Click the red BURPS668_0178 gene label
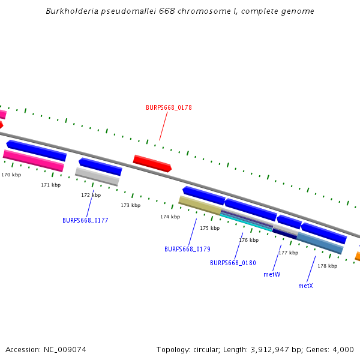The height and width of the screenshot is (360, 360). (169, 108)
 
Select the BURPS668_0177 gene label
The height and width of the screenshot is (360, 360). (85, 220)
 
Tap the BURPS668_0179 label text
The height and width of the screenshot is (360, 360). (187, 249)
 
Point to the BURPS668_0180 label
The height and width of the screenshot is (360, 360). (233, 263)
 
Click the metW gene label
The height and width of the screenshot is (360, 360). (272, 274)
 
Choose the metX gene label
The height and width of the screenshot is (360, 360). (305, 286)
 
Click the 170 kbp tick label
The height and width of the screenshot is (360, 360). (11, 175)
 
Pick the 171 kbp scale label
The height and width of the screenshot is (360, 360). (50, 185)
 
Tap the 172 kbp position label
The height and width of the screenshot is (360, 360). (91, 195)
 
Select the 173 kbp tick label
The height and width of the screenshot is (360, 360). (130, 205)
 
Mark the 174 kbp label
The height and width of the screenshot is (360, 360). (170, 217)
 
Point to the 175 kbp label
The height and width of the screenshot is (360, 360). (209, 228)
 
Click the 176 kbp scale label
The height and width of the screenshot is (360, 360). (248, 240)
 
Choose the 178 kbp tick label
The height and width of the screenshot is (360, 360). (327, 266)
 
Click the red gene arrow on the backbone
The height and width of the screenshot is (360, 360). (152, 163)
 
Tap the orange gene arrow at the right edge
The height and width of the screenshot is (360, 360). (357, 256)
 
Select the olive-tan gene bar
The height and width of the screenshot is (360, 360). (200, 205)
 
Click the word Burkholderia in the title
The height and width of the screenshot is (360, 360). (72, 11)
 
